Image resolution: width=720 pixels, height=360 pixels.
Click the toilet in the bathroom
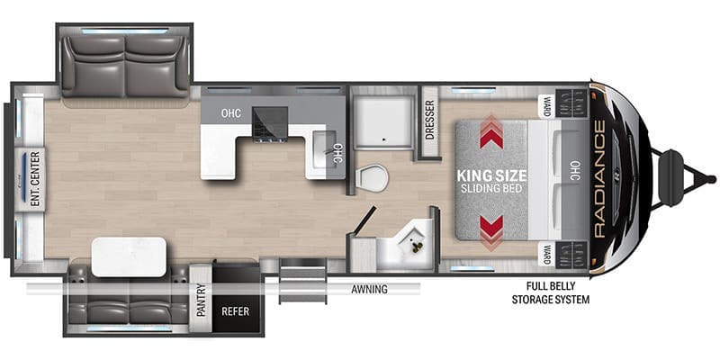pos(373,177)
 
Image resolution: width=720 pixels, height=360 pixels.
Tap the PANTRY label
pos(201,300)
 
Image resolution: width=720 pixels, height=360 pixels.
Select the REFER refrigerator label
pos(235,311)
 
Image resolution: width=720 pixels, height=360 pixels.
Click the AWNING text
pos(369,289)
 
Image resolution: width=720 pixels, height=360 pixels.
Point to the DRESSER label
pos(430,120)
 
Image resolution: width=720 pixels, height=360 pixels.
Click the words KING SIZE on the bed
pos(491,175)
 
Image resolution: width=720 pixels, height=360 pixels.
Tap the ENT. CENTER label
pos(36,179)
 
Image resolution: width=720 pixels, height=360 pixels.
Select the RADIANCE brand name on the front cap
pos(598,179)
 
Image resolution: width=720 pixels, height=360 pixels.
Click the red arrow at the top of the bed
pos(491,132)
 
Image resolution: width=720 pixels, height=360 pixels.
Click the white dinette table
pos(129,257)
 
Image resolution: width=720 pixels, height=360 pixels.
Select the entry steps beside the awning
pos(302,280)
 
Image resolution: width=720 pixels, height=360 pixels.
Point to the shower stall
pos(382,122)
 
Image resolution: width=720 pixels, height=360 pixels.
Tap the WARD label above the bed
pos(547,106)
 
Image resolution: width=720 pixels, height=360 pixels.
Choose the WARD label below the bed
pos(547,254)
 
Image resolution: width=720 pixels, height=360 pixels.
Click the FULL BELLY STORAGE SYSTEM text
pos(551,293)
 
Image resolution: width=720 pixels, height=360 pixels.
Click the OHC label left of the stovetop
pos(231,113)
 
